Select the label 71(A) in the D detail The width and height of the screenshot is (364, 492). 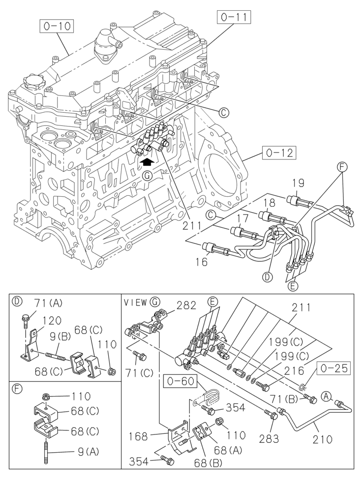48,303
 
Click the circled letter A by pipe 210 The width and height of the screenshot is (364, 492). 325,394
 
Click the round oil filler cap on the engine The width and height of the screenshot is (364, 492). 32,81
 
